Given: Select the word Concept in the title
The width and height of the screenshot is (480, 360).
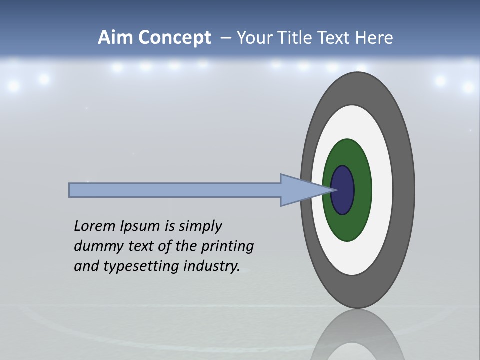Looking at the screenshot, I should click(175, 38).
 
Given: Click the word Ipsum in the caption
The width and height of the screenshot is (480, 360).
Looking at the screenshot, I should click(141, 226).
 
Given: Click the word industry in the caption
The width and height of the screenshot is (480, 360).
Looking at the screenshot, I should click(212, 266).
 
